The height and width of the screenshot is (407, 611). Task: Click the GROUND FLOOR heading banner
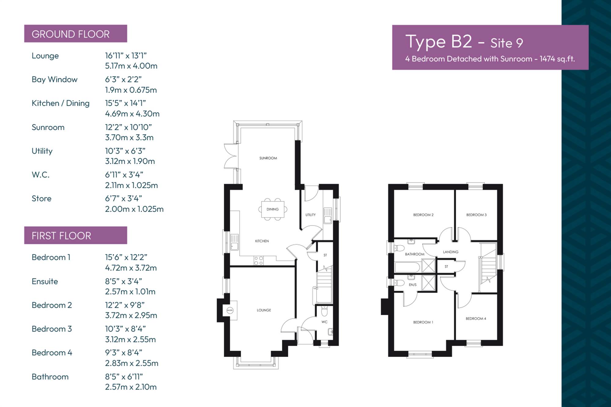coord(75,34)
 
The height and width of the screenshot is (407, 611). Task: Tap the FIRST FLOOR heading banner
coord(75,235)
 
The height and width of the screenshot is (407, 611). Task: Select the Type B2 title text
coord(439,42)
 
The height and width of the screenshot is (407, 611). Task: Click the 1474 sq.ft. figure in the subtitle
coord(557,59)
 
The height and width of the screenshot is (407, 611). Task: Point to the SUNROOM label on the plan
coord(268,158)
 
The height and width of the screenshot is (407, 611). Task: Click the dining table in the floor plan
coord(273,209)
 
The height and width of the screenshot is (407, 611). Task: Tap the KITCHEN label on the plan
coord(262,241)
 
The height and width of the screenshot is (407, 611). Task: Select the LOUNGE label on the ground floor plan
coord(264,310)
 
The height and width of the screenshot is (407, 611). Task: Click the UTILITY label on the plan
coord(310,215)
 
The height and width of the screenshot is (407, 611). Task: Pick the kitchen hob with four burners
coord(258,261)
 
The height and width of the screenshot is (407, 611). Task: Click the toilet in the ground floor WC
coord(324,311)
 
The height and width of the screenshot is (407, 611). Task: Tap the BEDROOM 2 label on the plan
coord(423,215)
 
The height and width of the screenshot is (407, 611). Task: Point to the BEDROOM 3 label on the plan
coord(476,215)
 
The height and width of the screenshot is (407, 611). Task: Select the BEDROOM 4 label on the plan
coord(476,319)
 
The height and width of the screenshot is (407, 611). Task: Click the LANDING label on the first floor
coord(451,252)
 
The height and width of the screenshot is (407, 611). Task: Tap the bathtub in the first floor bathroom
coord(408,267)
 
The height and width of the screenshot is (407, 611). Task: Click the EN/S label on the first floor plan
coord(412,285)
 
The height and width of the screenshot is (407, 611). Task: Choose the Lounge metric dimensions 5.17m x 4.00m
coord(131,66)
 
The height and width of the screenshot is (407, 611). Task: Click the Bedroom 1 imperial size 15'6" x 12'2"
coord(126,257)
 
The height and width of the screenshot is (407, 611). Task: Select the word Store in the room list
coord(42,198)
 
